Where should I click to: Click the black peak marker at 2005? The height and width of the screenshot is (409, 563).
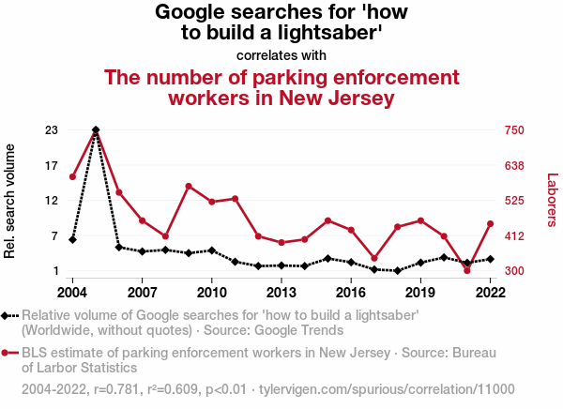(x=96, y=129)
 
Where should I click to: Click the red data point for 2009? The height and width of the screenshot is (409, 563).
(x=189, y=186)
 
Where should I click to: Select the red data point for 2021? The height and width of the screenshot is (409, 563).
(x=467, y=270)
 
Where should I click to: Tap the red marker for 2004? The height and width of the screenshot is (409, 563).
(x=72, y=176)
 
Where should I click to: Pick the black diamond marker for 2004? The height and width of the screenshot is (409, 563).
(x=72, y=239)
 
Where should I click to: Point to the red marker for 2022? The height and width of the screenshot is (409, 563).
(x=491, y=223)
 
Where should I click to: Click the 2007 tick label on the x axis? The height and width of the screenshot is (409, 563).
(x=142, y=292)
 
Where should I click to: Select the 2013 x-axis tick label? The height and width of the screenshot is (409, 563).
(x=281, y=292)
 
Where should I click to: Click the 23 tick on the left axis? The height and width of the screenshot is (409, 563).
(x=52, y=130)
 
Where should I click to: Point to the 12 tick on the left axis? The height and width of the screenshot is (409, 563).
(x=52, y=201)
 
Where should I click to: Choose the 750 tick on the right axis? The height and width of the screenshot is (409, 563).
(x=520, y=130)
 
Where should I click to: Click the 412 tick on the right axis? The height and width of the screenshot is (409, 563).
(x=520, y=236)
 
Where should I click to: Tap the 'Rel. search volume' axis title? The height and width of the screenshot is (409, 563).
(x=11, y=201)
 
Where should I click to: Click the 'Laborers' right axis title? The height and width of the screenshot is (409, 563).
(x=552, y=199)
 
